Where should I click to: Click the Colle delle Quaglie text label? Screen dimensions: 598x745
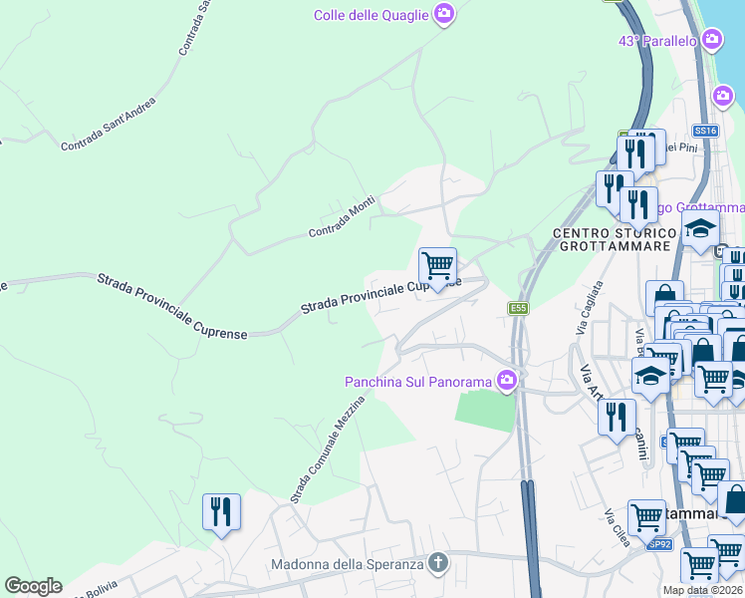[x=371, y=14]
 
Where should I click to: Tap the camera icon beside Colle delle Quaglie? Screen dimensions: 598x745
[x=444, y=14]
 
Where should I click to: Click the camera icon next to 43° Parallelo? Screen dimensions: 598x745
[x=711, y=40]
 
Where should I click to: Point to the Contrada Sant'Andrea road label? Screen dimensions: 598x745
[x=108, y=125]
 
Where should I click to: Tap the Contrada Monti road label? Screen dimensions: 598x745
[x=341, y=218]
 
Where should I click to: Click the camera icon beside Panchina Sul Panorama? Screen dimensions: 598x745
[x=507, y=380]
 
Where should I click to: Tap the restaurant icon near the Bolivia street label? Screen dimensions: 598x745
[x=221, y=511]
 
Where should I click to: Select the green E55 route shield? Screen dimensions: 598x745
[x=517, y=308]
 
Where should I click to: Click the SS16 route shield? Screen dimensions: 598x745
[x=704, y=131]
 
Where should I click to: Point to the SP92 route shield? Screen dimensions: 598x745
[x=658, y=544]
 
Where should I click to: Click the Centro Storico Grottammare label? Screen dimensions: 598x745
[x=601, y=240]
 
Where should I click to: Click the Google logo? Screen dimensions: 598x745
[x=33, y=586]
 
